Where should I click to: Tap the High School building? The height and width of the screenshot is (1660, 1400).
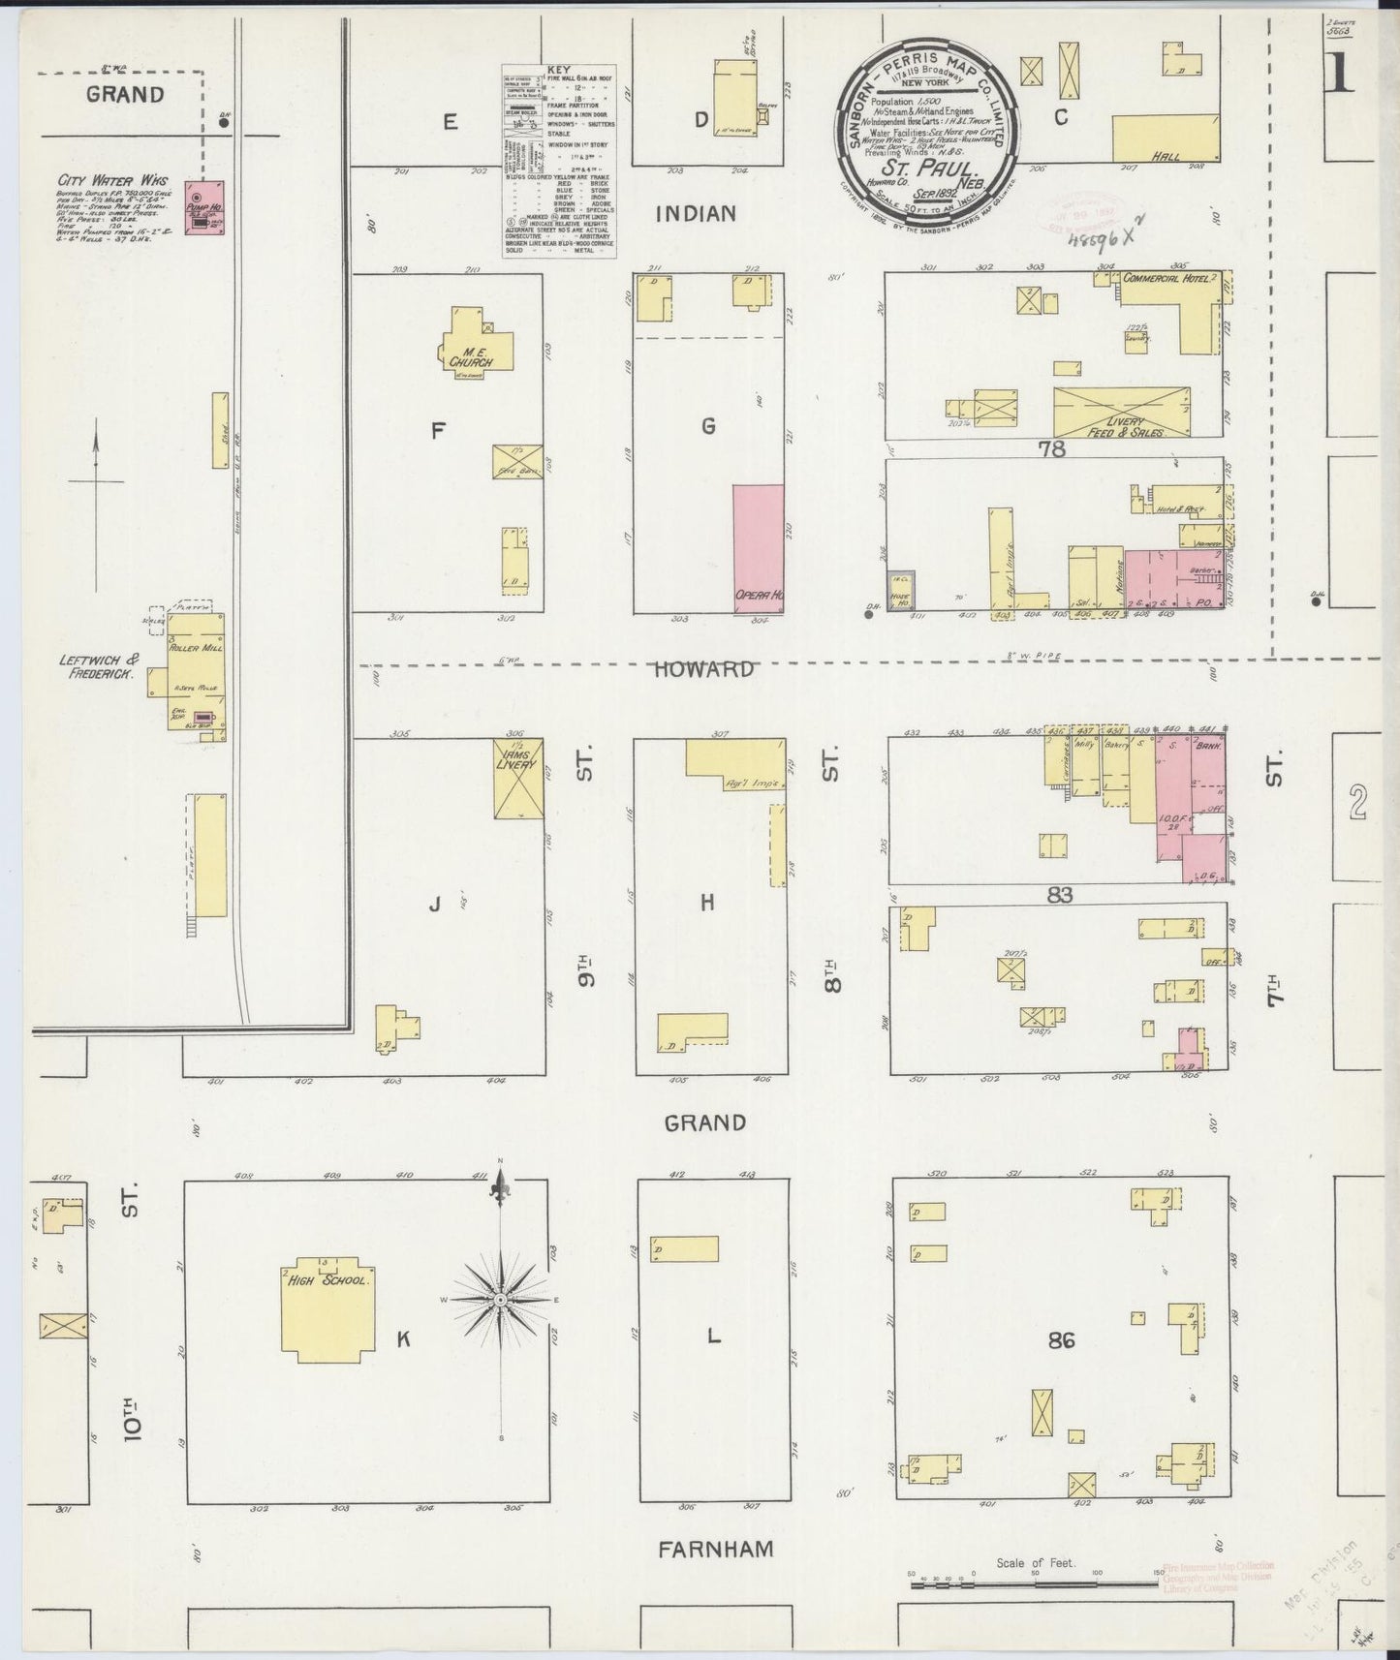(x=326, y=1307)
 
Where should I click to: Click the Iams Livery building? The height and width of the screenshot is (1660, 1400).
(x=517, y=780)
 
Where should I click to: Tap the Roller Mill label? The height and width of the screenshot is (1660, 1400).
(x=197, y=648)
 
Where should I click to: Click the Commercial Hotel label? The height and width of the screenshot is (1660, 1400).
(x=1165, y=279)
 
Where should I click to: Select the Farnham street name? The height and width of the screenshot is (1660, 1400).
(x=715, y=1549)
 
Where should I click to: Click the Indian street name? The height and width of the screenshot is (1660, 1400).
(x=696, y=214)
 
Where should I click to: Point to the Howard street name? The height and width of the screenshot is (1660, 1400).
(x=703, y=669)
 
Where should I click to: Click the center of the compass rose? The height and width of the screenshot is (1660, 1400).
(x=499, y=1298)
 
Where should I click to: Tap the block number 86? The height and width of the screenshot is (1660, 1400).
(x=1061, y=1340)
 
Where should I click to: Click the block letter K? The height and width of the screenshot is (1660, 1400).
(x=404, y=1339)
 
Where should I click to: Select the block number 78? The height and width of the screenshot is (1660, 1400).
(x=1052, y=448)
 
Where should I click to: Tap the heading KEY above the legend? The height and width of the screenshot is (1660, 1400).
(x=559, y=71)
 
